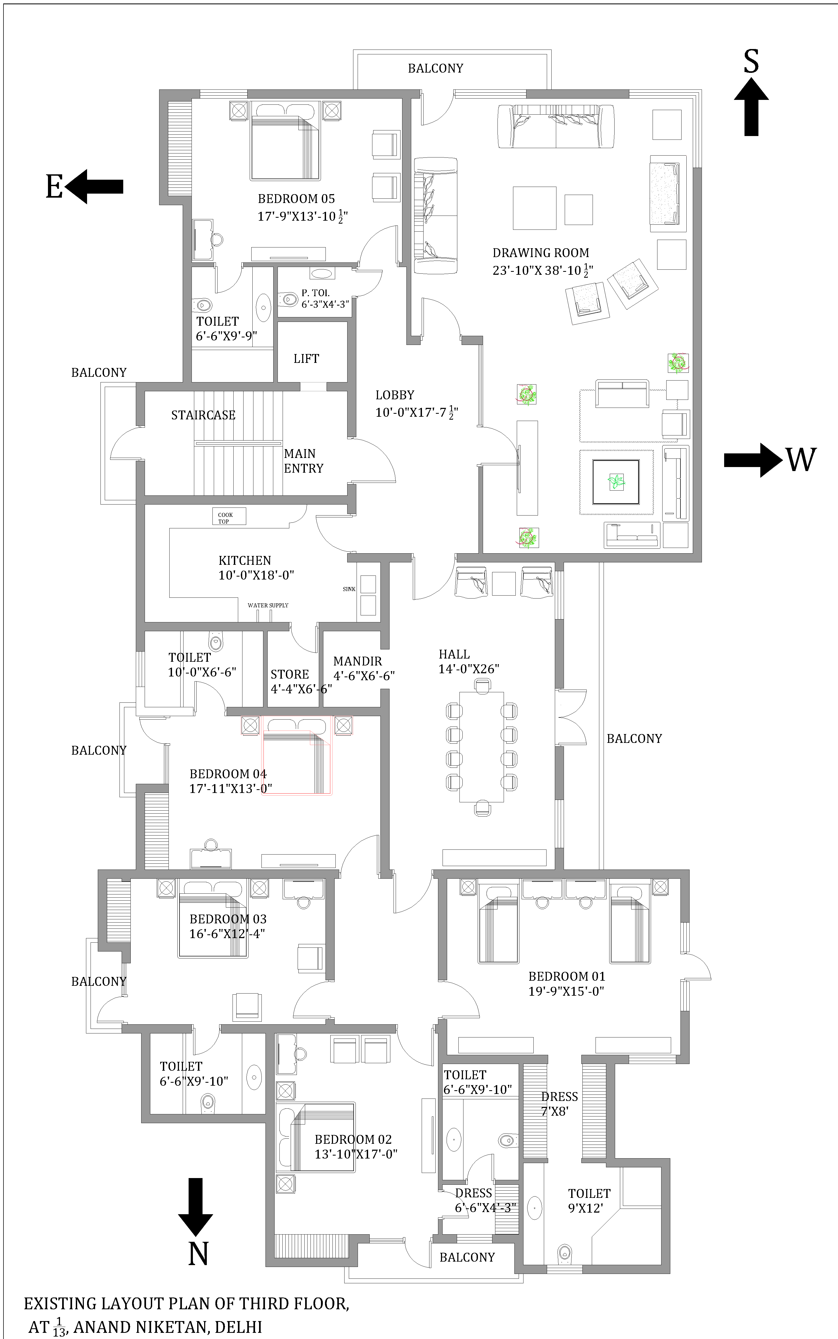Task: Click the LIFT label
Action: pyautogui.click(x=306, y=358)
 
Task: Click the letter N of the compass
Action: pyautogui.click(x=198, y=1254)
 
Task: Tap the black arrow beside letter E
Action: pyautogui.click(x=94, y=187)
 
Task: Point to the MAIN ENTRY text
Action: pyautogui.click(x=303, y=461)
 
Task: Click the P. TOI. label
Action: pyautogui.click(x=315, y=292)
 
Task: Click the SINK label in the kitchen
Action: pyautogui.click(x=349, y=589)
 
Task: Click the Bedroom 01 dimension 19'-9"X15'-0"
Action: pyautogui.click(x=566, y=991)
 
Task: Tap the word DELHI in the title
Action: pyautogui.click(x=238, y=1327)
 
